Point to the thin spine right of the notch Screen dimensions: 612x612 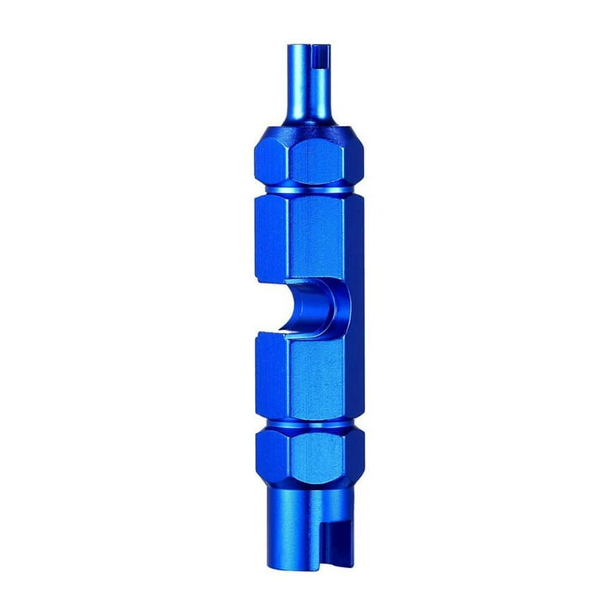[x=355, y=307]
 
